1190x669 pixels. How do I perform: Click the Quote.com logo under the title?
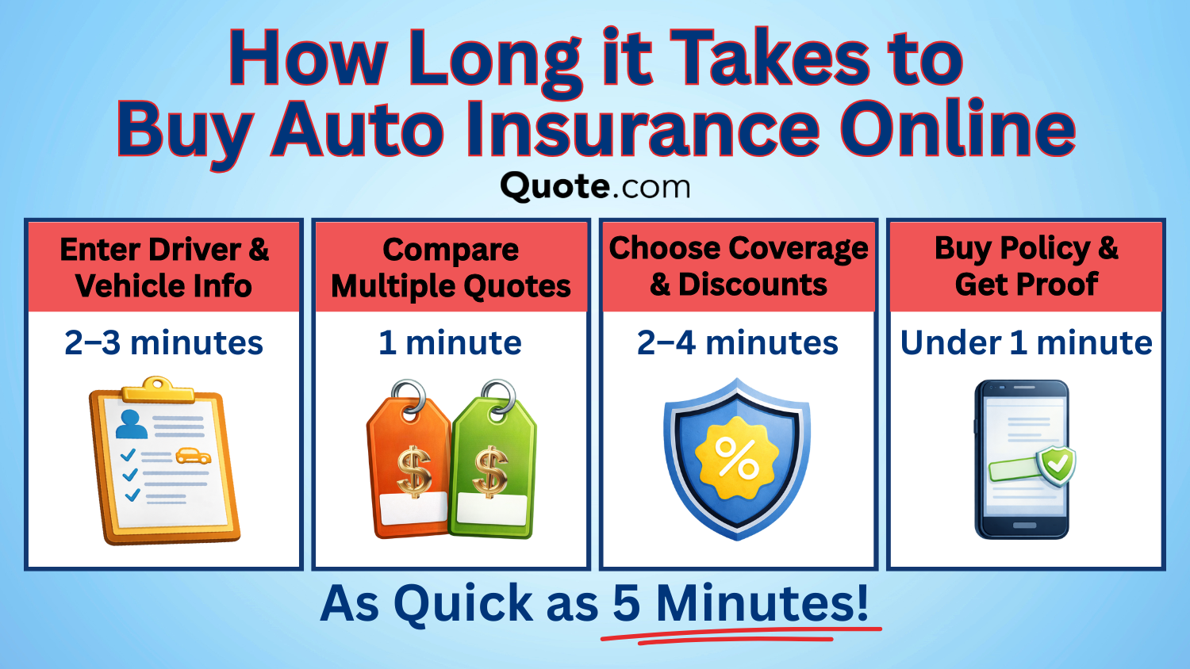[x=595, y=187]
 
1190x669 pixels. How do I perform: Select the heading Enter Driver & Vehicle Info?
[x=164, y=267]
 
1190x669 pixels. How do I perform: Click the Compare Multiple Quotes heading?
[x=451, y=268]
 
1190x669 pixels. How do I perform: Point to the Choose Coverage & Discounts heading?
[x=739, y=266]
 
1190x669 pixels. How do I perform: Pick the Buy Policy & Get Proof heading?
[x=1027, y=266]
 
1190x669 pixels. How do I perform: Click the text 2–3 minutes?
[x=164, y=343]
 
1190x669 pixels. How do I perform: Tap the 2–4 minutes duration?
[x=738, y=343]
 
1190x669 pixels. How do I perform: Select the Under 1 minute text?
[x=1027, y=343]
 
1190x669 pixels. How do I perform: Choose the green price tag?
[x=493, y=468]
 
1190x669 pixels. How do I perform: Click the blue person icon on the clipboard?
[x=131, y=424]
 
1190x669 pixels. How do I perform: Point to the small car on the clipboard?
[x=193, y=456]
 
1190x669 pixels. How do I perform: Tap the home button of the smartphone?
[x=1024, y=526]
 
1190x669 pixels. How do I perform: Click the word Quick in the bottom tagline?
[x=463, y=604]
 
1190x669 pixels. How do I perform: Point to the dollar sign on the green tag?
[x=490, y=472]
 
